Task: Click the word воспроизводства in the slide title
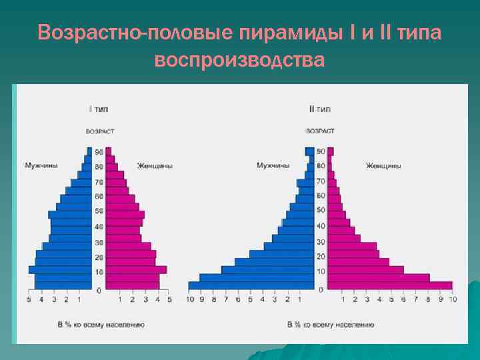pos(239,60)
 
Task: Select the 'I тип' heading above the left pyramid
pos(99,109)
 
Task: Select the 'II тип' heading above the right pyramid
pos(319,109)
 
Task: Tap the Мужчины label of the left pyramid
pos(41,165)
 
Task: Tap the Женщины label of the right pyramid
pos(383,165)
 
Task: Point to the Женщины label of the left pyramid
pos(155,165)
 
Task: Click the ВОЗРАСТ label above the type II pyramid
pos(320,131)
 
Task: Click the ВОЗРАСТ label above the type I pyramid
pos(99,131)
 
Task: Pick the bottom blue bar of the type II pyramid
pos(251,285)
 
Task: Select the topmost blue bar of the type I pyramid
pos(89,151)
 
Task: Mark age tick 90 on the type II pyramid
pos(321,151)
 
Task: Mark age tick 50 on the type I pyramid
pos(99,211)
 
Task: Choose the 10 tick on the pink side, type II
pos(453,300)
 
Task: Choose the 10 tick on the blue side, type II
pos(189,300)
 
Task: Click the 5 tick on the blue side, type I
pos(29,300)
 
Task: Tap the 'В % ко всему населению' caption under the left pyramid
pos(101,325)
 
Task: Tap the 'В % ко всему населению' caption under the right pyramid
pos(321,325)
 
